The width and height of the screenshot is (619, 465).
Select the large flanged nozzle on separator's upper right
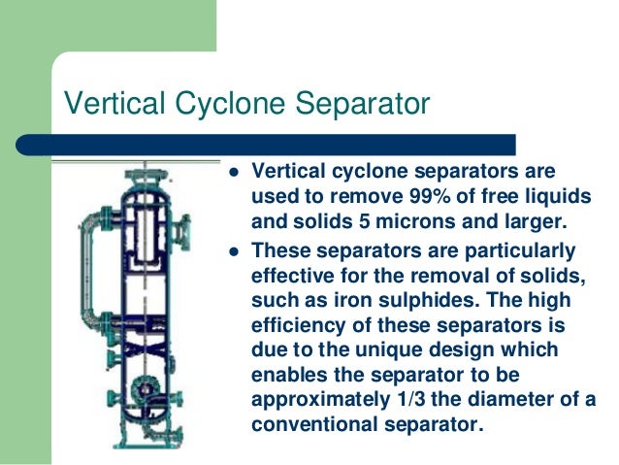pyautogui.click(x=182, y=230)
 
